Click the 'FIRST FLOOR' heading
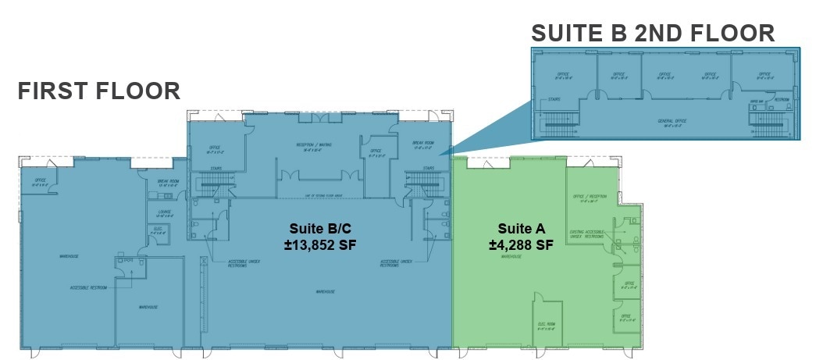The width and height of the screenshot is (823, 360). [99, 91]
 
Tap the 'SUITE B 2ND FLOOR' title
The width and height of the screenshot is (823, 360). [653, 33]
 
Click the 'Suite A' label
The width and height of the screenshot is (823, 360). [521, 229]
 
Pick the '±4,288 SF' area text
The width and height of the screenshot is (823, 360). [521, 244]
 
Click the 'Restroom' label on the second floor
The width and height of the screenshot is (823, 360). [781, 100]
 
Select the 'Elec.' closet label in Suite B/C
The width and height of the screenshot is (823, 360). [157, 230]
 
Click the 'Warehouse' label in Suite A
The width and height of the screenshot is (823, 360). [511, 256]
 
